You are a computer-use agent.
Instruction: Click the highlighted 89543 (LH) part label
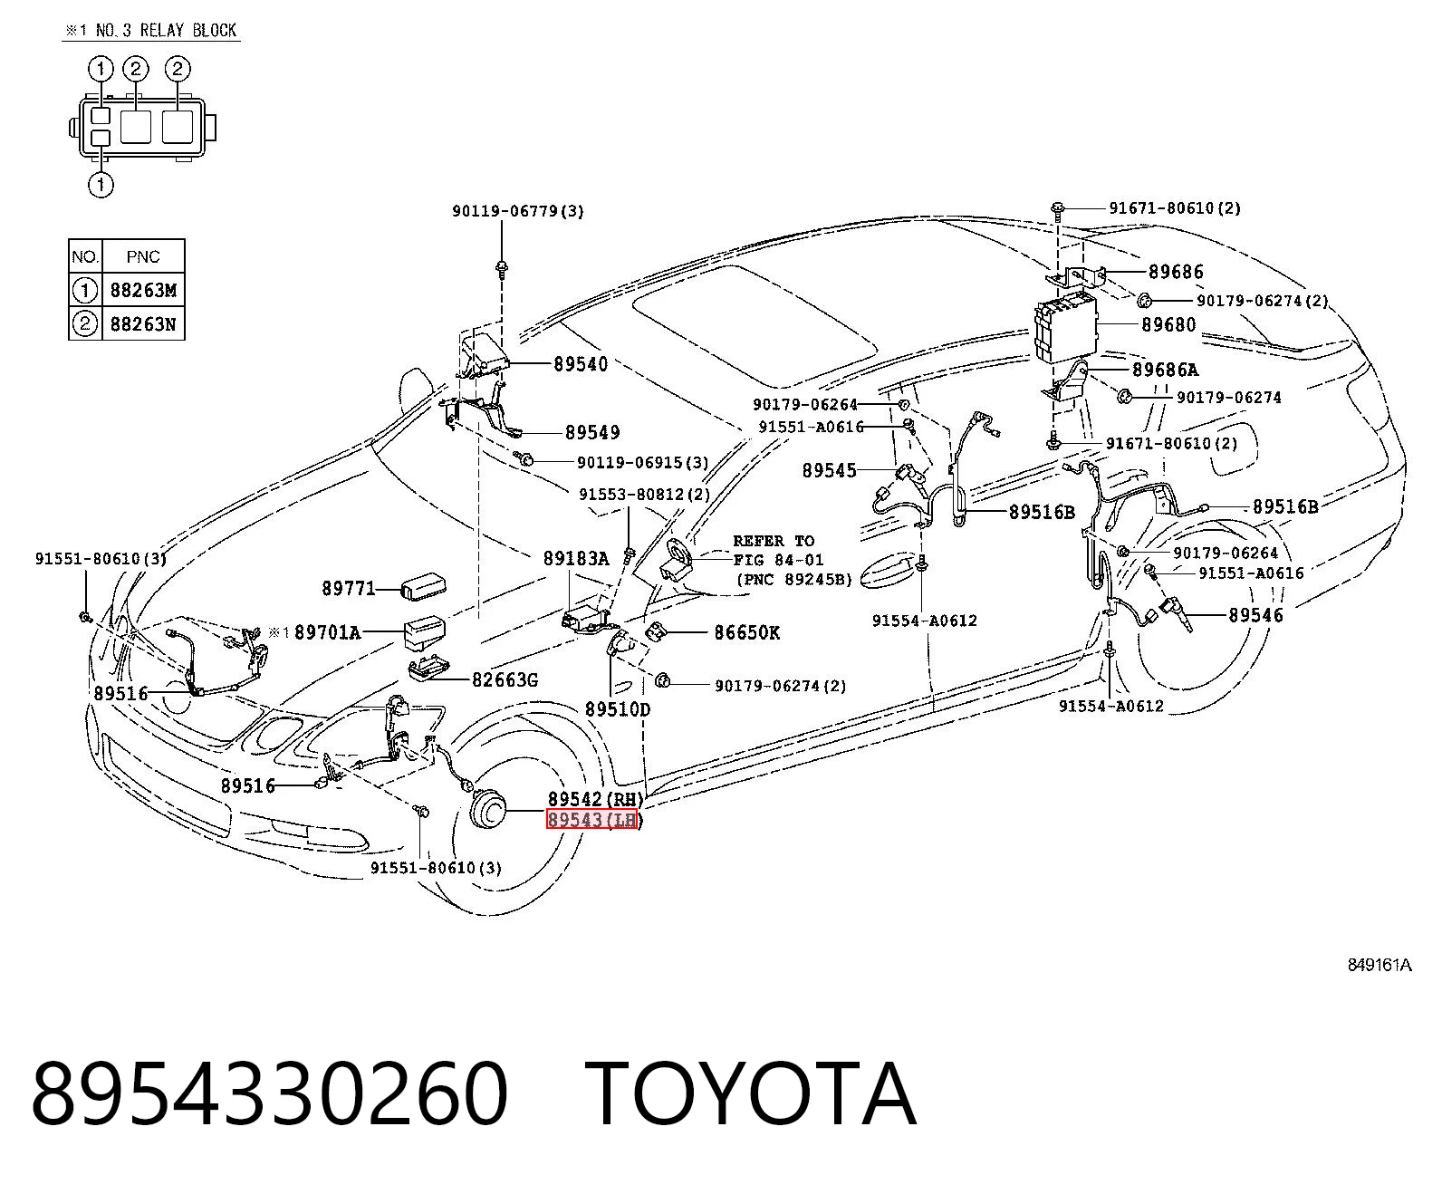click(591, 820)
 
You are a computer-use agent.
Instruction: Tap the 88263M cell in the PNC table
click(144, 290)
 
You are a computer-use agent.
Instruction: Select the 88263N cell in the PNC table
click(144, 323)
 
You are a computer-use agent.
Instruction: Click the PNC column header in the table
click(143, 257)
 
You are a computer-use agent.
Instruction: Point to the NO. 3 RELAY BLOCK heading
click(151, 31)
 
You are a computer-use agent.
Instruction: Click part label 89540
click(580, 364)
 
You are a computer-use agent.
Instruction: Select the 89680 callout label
click(1168, 324)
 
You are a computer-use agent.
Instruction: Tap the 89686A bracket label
click(1165, 370)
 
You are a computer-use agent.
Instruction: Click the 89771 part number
click(349, 589)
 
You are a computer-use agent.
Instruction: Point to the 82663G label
click(505, 680)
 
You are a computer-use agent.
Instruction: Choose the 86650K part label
click(746, 632)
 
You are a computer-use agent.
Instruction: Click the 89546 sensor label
click(1255, 615)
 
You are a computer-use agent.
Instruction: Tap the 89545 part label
click(829, 470)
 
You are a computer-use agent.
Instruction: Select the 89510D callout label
click(618, 709)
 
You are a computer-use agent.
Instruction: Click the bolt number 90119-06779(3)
click(518, 211)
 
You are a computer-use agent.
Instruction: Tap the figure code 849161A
click(1380, 965)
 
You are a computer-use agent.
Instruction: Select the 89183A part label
click(576, 558)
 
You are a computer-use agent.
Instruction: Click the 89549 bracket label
click(592, 432)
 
